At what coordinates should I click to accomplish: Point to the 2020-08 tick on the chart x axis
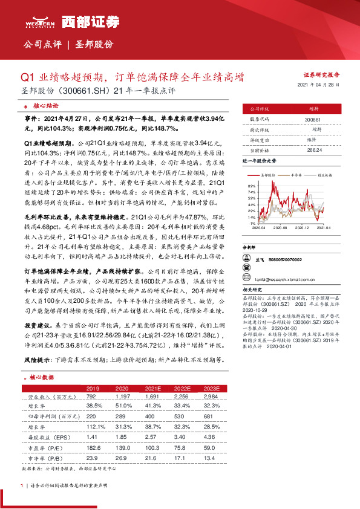click(x=280, y=228)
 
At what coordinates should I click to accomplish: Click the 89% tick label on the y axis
click(x=251, y=186)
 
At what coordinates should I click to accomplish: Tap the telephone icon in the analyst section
click(x=246, y=259)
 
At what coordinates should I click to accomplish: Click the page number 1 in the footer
click(x=22, y=485)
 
